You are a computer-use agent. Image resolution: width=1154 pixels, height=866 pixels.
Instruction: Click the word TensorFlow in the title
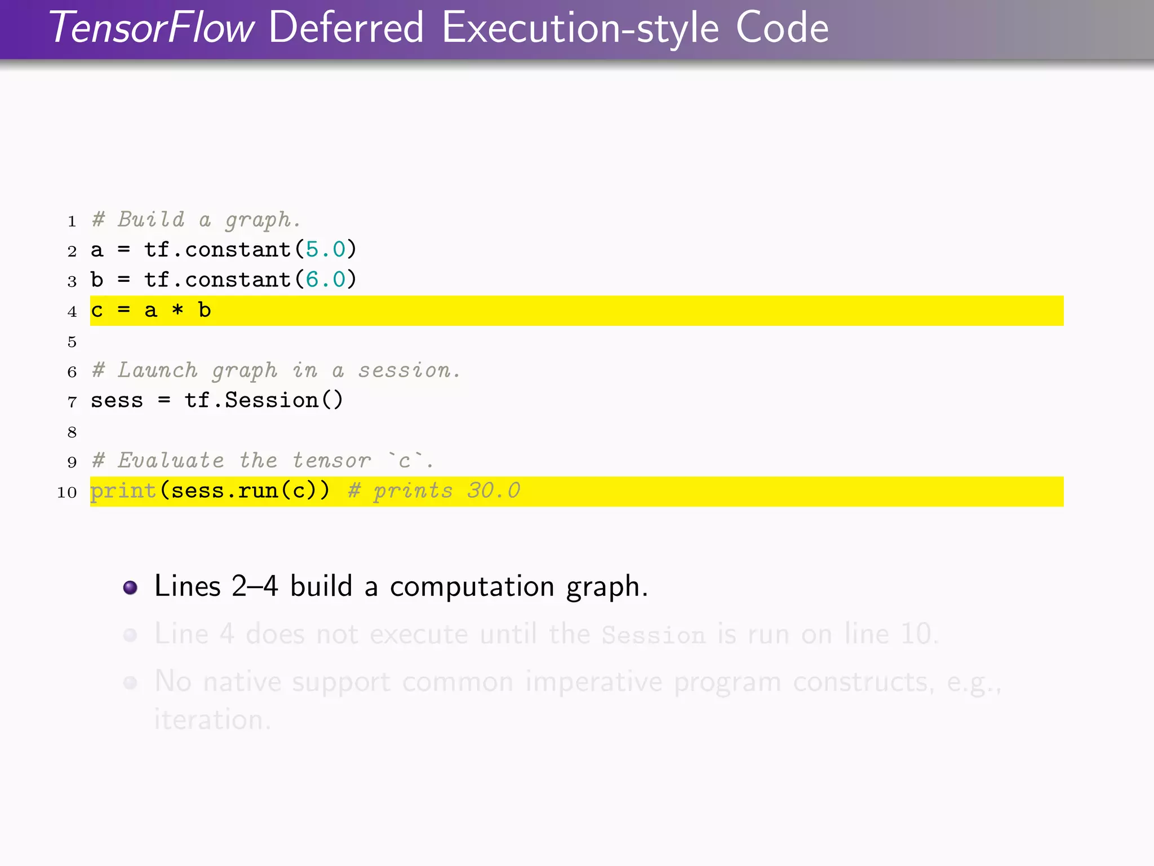point(152,28)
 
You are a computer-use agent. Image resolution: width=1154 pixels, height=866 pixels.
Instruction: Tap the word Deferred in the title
point(346,28)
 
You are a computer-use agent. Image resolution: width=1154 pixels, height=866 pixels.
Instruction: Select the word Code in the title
point(782,28)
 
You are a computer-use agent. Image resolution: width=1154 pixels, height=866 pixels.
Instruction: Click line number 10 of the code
point(67,492)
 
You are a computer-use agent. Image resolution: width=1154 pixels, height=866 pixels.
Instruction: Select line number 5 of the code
point(72,342)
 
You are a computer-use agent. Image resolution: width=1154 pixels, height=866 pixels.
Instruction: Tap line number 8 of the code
point(72,432)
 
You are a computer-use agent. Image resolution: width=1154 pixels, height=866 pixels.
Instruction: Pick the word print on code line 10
point(123,491)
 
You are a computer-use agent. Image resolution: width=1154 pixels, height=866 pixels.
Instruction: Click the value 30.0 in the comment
point(494,491)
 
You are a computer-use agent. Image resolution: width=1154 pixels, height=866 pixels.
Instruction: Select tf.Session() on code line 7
point(264,400)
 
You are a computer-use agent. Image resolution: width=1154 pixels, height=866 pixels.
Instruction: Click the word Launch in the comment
point(158,370)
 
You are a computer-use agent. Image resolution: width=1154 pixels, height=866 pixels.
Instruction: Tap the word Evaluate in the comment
point(171,461)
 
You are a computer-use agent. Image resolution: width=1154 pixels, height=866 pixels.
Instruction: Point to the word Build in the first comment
point(151,219)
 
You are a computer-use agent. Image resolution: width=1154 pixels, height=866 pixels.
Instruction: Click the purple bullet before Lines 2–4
point(130,587)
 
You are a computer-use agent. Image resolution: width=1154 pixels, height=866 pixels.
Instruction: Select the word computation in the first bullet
point(472,587)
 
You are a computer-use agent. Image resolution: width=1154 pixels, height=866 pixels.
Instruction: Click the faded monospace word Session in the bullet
point(653,635)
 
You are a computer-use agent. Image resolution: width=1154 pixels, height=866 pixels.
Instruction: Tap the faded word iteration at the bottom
point(212,720)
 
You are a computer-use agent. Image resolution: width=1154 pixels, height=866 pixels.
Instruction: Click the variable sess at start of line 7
point(117,401)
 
